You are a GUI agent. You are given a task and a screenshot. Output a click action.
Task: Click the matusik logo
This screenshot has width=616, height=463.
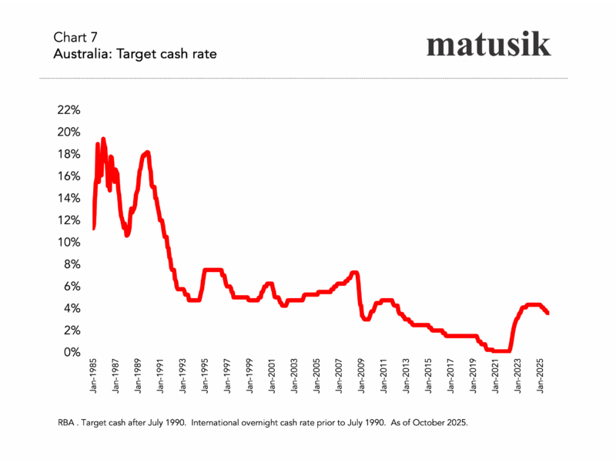click(488, 44)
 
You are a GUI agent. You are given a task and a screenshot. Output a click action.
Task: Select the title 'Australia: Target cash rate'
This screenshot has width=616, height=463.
click(135, 55)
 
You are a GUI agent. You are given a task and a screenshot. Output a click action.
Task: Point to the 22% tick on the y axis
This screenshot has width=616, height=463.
click(69, 109)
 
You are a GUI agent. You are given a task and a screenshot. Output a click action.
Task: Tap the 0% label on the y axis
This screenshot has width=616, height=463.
click(72, 352)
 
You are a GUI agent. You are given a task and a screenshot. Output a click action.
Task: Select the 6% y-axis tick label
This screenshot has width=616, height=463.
click(72, 286)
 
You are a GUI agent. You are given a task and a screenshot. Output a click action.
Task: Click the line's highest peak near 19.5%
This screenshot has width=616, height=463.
click(103, 139)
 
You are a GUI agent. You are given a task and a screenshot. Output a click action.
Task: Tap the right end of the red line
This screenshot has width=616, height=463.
click(547, 312)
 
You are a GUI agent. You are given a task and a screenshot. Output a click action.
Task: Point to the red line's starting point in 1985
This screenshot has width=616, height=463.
click(93, 228)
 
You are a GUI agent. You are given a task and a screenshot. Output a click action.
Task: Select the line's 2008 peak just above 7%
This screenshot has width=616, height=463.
click(354, 272)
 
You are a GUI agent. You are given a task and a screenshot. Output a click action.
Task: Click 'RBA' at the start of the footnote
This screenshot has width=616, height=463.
click(67, 424)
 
